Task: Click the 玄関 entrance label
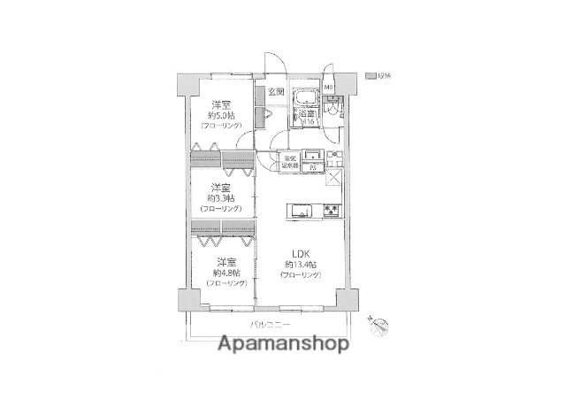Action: [x=276, y=92]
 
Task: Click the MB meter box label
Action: [x=327, y=88]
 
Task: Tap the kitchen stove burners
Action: [x=331, y=211]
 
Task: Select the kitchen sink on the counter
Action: [x=297, y=211]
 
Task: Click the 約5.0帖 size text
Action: [x=221, y=116]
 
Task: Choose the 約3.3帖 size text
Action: [x=222, y=198]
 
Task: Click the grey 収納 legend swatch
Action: [x=371, y=75]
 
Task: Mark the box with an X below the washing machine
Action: [x=333, y=179]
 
